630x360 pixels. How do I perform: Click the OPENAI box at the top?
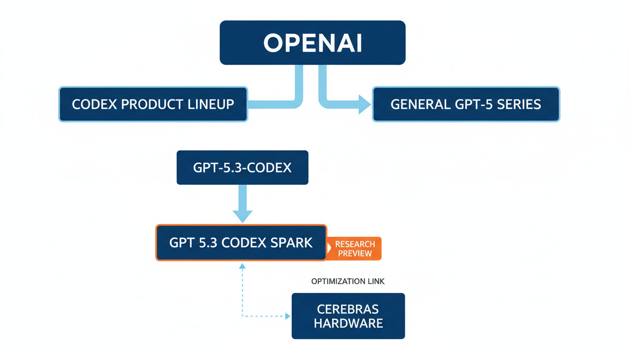pyautogui.click(x=312, y=43)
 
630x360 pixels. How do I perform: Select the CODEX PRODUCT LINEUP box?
pyautogui.click(x=153, y=104)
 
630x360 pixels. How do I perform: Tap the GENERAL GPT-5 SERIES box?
pyautogui.click(x=465, y=104)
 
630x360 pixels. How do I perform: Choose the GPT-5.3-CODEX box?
pyautogui.click(x=242, y=167)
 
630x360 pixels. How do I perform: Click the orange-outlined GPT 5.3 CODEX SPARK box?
pyautogui.click(x=241, y=243)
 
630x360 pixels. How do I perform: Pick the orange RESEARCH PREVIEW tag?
pyautogui.click(x=355, y=248)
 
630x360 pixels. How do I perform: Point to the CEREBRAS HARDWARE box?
pyautogui.click(x=348, y=316)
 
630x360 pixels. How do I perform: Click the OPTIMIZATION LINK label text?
pyautogui.click(x=348, y=281)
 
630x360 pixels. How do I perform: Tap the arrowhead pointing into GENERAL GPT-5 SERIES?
pyautogui.click(x=365, y=104)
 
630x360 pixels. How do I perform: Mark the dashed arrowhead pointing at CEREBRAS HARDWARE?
pyautogui.click(x=288, y=316)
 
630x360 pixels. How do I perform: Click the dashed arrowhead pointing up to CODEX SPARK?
pyautogui.click(x=242, y=266)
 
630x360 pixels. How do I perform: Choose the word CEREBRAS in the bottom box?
pyautogui.click(x=348, y=309)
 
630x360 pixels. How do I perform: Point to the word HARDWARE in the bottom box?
pyautogui.click(x=348, y=323)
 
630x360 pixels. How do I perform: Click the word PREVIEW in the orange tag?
pyautogui.click(x=355, y=254)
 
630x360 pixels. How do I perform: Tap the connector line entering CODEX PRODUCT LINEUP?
pyautogui.click(x=272, y=104)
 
